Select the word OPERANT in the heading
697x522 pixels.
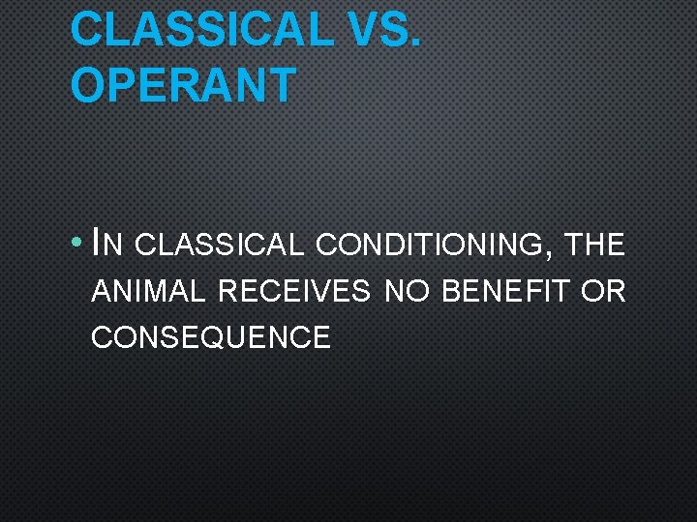pyautogui.click(x=183, y=85)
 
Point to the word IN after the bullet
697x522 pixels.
pyautogui.click(x=106, y=245)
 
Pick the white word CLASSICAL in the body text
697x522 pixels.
pyautogui.click(x=220, y=246)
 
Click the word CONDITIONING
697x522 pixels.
pyautogui.click(x=430, y=246)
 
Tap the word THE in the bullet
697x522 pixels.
pyautogui.click(x=596, y=246)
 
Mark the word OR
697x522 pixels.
pyautogui.click(x=603, y=291)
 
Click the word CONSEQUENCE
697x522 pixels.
pyautogui.click(x=210, y=337)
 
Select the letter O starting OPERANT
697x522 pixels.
pyautogui.click(x=87, y=85)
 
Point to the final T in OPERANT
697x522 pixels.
pyautogui.click(x=280, y=85)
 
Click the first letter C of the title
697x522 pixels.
pyautogui.click(x=87, y=29)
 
